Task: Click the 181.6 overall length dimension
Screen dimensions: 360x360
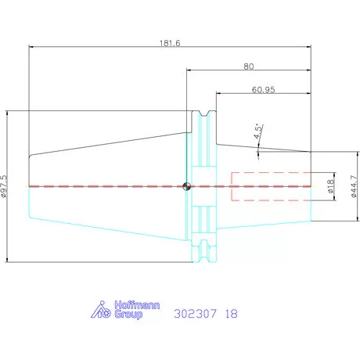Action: [x=170, y=43]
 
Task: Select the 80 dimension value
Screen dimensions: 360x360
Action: [x=249, y=67]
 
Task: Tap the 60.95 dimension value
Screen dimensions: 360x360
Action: [x=263, y=90]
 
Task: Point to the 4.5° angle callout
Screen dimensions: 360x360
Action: [x=258, y=131]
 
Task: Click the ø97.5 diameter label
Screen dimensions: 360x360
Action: [x=5, y=186]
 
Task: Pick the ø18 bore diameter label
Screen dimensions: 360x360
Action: [x=330, y=186]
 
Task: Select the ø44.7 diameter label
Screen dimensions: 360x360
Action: [x=354, y=186]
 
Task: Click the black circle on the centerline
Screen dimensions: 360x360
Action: [x=186, y=186]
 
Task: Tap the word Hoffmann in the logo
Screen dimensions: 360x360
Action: [x=137, y=305]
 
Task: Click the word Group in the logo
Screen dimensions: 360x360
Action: [x=128, y=315]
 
